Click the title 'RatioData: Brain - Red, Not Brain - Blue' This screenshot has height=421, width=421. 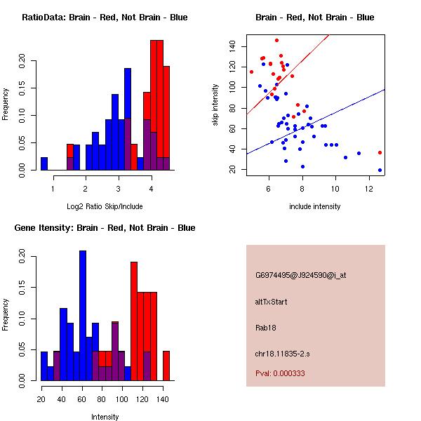[105, 18]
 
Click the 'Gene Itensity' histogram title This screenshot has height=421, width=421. [105, 228]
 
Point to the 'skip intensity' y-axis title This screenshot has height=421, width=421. [215, 105]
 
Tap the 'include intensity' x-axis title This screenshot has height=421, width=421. [315, 206]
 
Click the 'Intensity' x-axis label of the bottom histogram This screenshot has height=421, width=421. [105, 417]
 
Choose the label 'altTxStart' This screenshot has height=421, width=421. [272, 302]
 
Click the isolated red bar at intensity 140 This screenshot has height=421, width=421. [166, 366]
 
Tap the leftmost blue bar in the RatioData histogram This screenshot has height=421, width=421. [44, 163]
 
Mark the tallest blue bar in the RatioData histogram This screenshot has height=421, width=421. [128, 119]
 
